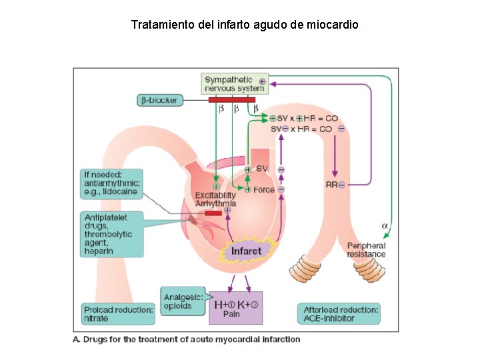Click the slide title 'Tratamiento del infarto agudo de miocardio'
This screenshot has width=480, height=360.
[x=245, y=25]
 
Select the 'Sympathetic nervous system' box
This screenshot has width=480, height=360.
[x=235, y=84]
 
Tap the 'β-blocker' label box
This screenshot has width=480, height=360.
[x=159, y=101]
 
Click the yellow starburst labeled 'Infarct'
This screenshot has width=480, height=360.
[x=246, y=251]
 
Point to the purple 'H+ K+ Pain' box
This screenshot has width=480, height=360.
[x=235, y=307]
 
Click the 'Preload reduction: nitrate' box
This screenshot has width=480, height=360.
[x=118, y=313]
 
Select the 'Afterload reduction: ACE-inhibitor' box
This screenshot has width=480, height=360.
[x=341, y=313]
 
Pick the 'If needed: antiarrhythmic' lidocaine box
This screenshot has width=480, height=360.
[x=111, y=183]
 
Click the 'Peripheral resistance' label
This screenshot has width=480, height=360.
[x=366, y=250]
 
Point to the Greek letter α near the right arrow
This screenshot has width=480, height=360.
[x=384, y=226]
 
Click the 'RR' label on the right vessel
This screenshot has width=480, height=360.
[x=332, y=184]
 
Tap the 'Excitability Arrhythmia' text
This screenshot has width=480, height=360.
[x=215, y=199]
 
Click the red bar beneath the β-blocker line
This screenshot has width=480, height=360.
[x=231, y=100]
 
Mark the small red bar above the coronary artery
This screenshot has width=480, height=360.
[x=213, y=213]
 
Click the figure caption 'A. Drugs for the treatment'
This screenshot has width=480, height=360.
[x=186, y=339]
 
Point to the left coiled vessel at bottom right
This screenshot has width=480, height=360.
[x=305, y=271]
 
